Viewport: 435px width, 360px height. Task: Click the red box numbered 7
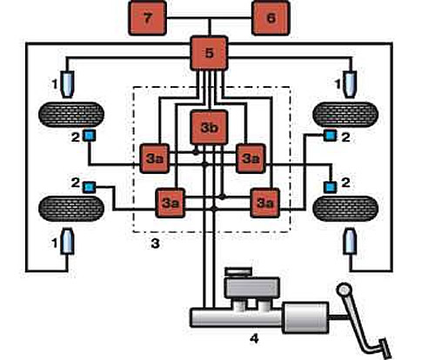[148, 18]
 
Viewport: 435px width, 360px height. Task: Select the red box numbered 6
[271, 18]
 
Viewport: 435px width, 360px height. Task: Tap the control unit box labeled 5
[209, 53]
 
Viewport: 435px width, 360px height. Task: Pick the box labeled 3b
[209, 127]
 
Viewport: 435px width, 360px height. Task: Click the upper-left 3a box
[155, 158]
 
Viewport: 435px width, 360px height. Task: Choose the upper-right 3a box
[251, 158]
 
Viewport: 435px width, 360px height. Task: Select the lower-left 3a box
[171, 203]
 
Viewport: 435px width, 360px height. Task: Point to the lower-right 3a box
[265, 203]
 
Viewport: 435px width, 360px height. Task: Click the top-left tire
[71, 115]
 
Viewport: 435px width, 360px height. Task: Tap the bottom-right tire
[345, 209]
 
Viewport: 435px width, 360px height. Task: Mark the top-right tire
[345, 115]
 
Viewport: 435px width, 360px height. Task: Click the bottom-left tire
[71, 209]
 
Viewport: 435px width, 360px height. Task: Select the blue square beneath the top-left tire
[89, 136]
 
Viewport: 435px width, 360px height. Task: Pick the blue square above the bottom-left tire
[89, 187]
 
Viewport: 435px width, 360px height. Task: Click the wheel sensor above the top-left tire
[67, 84]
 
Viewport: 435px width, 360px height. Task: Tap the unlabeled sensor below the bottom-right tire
[350, 242]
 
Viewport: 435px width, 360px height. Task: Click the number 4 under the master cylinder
[254, 338]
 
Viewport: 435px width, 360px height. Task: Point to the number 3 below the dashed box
[156, 243]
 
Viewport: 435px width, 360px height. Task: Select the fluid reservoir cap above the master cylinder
[238, 271]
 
